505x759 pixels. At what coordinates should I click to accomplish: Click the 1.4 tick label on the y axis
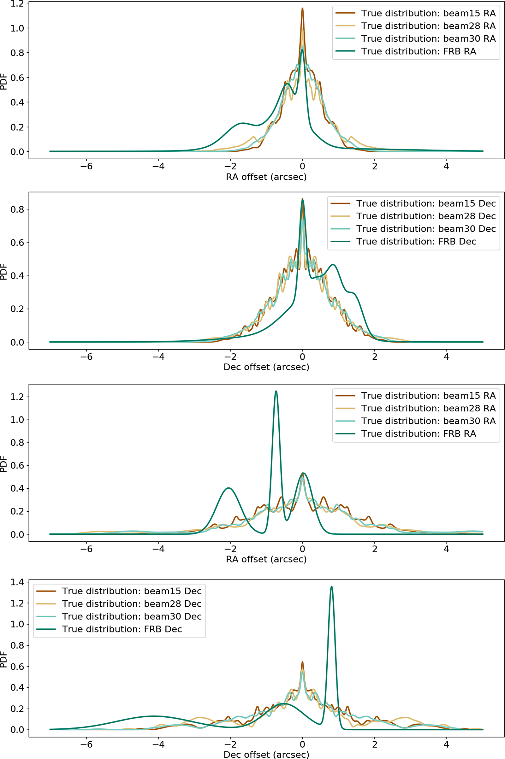coord(17,582)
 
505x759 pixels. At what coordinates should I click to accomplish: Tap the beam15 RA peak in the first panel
coord(302,9)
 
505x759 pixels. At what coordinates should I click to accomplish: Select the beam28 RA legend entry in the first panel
coord(428,26)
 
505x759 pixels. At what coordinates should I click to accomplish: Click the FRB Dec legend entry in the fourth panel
coord(122,629)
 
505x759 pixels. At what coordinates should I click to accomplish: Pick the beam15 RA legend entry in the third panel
coord(428,395)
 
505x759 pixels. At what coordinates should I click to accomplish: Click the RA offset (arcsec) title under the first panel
coord(266,177)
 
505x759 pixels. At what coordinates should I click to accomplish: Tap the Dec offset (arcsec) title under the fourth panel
coord(266,755)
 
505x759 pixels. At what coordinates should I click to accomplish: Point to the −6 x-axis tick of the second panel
coord(86,356)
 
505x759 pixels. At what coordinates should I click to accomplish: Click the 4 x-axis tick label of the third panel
coord(446,549)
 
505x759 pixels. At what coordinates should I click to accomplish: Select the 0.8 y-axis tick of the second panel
coord(17,209)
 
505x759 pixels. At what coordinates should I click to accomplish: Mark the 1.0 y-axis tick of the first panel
coord(17,28)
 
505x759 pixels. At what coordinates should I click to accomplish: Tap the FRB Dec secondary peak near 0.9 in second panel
coord(333,265)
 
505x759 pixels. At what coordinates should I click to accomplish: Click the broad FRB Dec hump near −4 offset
coord(155,716)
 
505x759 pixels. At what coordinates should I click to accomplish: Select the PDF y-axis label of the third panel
coord(3,463)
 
